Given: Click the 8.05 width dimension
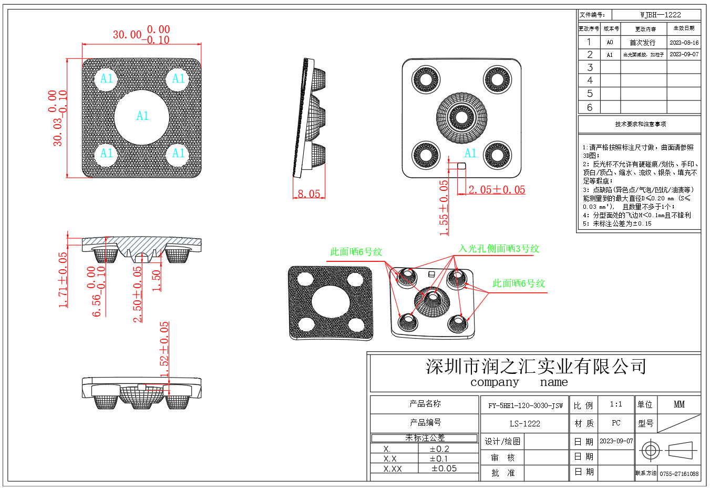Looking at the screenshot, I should [309, 194].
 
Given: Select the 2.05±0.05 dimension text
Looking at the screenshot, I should [497, 190].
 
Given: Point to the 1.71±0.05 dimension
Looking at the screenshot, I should [63, 280].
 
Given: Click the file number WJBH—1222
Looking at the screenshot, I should [660, 15].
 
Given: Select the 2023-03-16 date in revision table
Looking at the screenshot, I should [684, 43].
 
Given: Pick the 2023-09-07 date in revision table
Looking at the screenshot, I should [684, 54].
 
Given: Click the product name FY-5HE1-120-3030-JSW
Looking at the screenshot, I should [525, 405].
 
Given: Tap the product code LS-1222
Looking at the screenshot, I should [524, 423].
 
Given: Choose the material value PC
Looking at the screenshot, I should [616, 423].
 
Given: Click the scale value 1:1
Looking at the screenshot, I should [616, 404].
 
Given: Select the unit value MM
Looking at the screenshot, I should [679, 404].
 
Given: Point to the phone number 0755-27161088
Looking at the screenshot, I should [679, 474].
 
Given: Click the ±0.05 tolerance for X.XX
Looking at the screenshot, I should [444, 469].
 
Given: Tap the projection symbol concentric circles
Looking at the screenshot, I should [651, 451].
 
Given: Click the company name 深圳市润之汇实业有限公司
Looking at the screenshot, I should [536, 367].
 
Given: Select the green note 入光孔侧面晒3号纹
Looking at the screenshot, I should [499, 249].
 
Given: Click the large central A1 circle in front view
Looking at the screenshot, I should [142, 117].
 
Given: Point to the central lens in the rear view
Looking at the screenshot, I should [462, 117].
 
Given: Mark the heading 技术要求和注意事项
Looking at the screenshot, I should [640, 124].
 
